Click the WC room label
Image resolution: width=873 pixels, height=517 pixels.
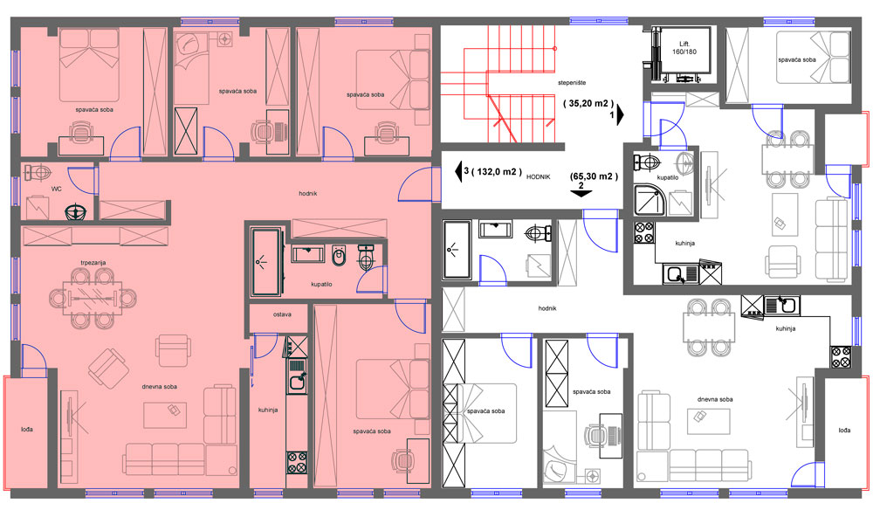point(56,189)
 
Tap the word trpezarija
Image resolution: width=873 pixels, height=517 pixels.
point(93,262)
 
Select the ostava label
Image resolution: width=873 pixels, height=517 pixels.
point(282,314)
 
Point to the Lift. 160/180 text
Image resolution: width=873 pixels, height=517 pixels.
point(684,48)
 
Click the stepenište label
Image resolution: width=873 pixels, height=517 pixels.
point(572,82)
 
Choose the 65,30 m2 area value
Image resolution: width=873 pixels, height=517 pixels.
point(594,176)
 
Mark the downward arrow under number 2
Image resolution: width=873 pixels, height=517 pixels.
point(581,194)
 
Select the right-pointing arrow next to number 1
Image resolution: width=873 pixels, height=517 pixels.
point(620,114)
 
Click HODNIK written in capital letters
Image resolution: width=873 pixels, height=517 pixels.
point(538,176)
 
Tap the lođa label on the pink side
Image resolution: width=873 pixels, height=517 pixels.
point(27,429)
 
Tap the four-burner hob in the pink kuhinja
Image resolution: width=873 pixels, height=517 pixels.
point(297,462)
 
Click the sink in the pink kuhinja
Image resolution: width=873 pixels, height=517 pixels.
point(297,380)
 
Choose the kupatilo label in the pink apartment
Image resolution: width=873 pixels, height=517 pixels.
point(321,284)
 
